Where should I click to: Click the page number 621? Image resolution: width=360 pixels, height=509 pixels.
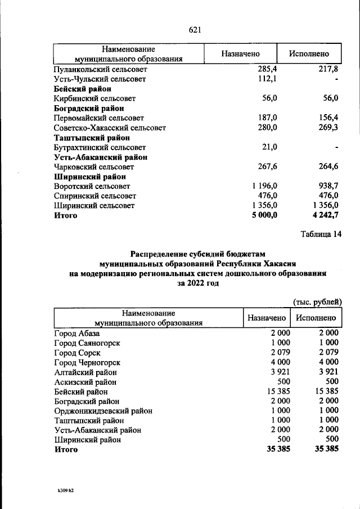click(195, 30)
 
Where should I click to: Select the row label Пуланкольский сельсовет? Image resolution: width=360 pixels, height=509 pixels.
click(101, 69)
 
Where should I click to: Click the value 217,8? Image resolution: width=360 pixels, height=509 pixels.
click(326, 69)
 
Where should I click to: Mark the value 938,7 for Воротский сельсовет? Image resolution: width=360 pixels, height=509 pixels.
click(326, 186)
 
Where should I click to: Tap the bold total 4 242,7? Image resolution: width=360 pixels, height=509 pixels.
click(322, 215)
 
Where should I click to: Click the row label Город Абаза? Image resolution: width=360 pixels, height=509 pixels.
click(76, 333)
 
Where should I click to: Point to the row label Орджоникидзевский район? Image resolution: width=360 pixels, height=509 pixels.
click(100, 411)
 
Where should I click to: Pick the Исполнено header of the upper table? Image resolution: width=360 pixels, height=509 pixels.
click(308, 54)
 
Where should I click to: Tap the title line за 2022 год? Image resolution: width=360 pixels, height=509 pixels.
click(197, 283)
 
